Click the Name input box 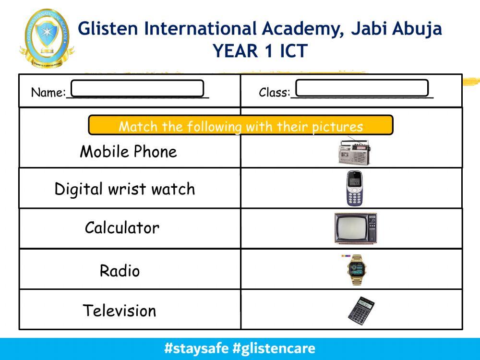137,88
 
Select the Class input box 362,88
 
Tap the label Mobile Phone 128,152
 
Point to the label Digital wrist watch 125,189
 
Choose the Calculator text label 122,228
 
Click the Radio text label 120,271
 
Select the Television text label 120,311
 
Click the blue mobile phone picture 354,189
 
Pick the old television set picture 355,228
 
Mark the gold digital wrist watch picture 355,270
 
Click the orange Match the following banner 240,126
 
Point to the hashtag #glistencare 274,348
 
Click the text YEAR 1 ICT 260,51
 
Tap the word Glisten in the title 108,29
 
